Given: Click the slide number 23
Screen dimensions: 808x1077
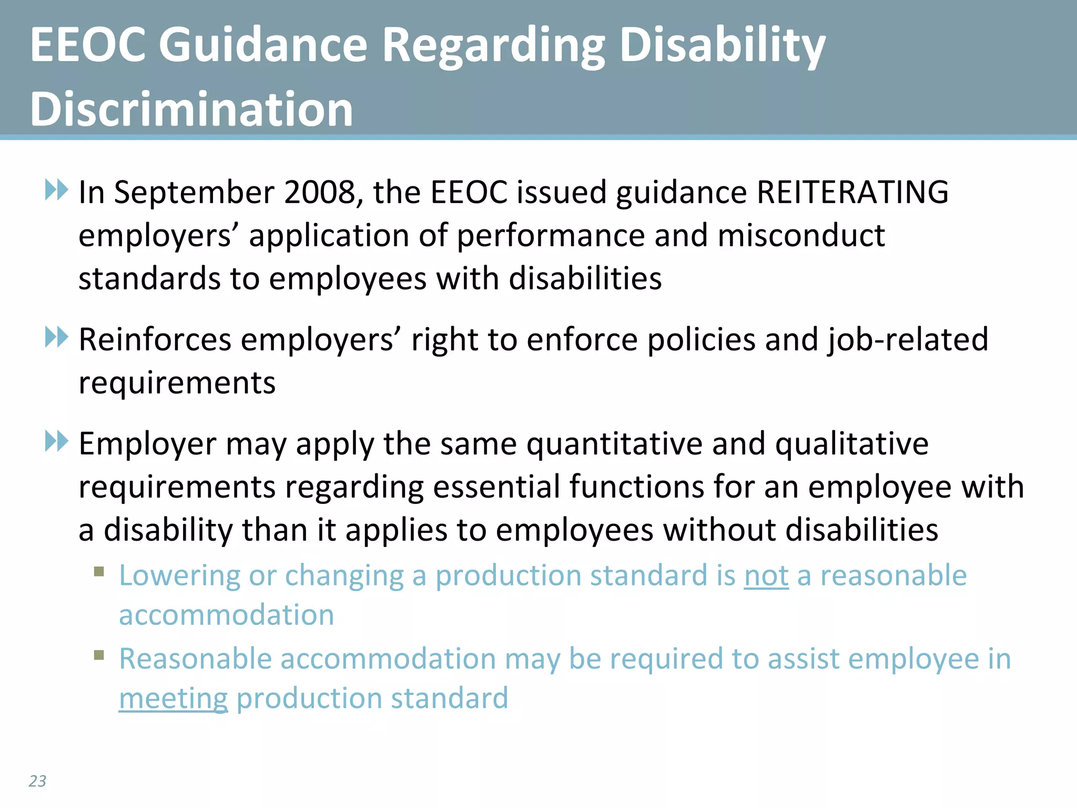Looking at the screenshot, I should point(37,781).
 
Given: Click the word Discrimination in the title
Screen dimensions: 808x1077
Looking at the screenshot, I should point(191,109).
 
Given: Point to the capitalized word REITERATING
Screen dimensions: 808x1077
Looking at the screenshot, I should point(852,192).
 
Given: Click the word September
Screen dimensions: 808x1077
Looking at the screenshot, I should point(194,193).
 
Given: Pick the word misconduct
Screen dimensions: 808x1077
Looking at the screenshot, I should point(801,235).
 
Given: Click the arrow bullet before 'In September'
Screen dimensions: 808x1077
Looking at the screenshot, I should point(57,190).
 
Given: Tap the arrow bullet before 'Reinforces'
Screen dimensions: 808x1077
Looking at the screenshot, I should point(57,337).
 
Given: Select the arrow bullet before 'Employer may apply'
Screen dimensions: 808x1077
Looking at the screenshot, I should point(57,441).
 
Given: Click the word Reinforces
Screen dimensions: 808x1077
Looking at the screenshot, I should point(155,339).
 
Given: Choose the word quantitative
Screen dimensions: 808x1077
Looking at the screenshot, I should point(614,445).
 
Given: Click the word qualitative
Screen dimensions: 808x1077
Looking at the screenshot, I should point(852,445).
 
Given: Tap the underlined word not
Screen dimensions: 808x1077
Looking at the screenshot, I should point(766,575).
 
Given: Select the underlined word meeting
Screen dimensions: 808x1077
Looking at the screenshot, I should point(174,699).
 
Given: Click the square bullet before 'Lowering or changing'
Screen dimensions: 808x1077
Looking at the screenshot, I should point(99,571).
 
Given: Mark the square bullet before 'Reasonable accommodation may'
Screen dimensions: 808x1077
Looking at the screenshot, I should point(99,655).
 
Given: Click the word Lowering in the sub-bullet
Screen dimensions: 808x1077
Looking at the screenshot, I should point(179,576).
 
